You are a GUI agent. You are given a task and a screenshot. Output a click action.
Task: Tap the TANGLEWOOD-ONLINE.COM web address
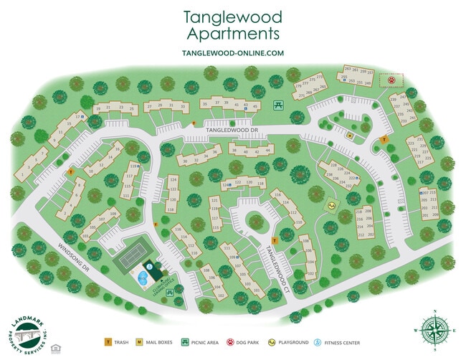[232, 53]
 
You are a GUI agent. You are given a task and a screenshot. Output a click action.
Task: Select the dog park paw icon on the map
[391, 81]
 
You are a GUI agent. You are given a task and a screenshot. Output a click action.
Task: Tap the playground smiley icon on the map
[332, 206]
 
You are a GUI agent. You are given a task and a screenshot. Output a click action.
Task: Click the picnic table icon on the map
[278, 105]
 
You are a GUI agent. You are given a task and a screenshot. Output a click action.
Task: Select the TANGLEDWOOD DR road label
[231, 131]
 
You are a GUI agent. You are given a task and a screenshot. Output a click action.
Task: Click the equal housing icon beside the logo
[55, 330]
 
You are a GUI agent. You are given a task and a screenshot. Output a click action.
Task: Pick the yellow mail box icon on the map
[349, 135]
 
